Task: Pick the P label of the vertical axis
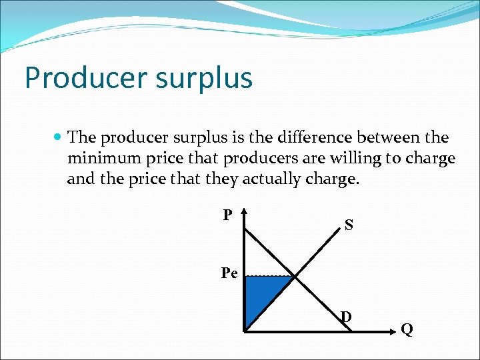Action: (227, 215)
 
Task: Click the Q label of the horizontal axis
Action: (407, 329)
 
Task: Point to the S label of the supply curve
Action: (349, 225)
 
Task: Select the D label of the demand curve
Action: (346, 316)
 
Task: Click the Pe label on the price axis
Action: (230, 273)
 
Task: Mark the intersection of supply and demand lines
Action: (294, 277)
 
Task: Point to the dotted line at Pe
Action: (269, 276)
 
